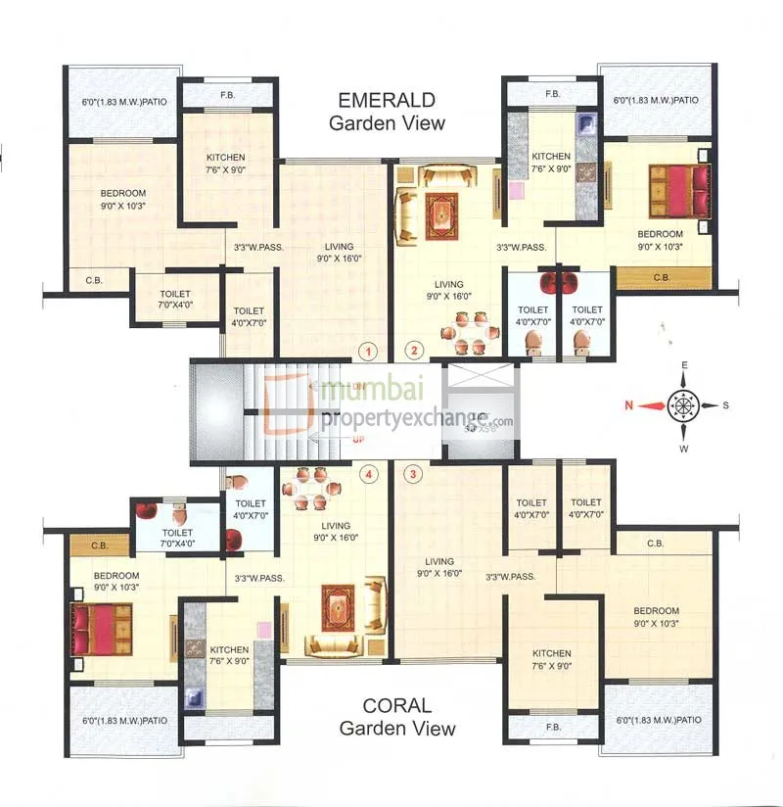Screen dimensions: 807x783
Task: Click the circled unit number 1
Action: click(368, 351)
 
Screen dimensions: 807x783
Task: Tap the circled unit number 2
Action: click(414, 351)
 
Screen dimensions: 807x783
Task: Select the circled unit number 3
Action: click(414, 475)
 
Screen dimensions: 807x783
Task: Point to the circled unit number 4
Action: click(368, 475)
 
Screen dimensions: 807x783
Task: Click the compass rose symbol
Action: click(683, 403)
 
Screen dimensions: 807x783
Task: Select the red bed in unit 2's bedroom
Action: click(678, 190)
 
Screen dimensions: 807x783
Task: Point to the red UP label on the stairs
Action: click(358, 440)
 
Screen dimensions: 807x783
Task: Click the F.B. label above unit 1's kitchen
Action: click(226, 96)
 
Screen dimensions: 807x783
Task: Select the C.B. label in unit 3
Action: click(655, 544)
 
